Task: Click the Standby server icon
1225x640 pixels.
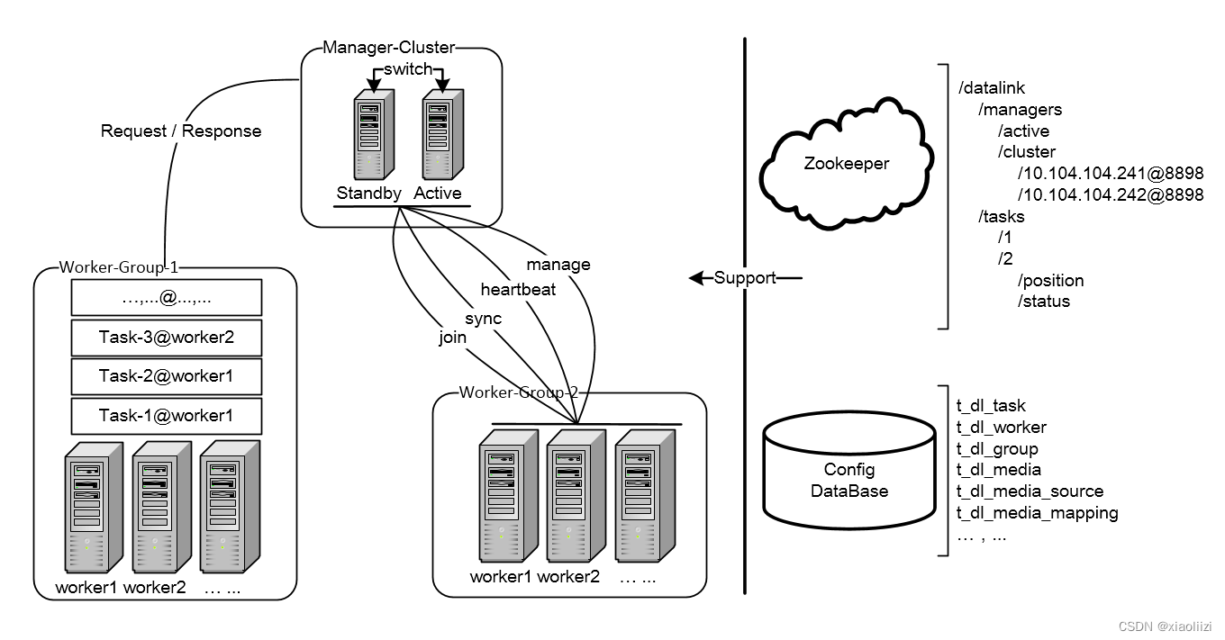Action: click(374, 135)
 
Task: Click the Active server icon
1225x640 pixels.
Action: click(443, 135)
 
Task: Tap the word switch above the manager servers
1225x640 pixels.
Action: click(408, 69)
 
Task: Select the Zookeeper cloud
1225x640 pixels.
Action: click(847, 163)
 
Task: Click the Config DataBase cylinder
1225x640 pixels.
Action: click(849, 470)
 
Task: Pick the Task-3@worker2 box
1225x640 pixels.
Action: click(167, 338)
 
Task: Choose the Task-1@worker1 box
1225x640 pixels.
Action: click(167, 416)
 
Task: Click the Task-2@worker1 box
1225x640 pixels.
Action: click(167, 376)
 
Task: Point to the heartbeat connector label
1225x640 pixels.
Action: click(518, 289)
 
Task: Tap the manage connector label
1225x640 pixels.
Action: click(558, 265)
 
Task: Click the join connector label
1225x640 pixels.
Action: click(453, 338)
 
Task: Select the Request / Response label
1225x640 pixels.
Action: click(181, 131)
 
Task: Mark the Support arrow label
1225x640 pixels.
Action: click(745, 277)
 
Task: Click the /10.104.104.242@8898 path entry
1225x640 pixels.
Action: click(1110, 194)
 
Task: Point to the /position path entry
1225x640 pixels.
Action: click(1050, 280)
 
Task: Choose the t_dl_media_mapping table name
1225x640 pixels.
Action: click(1037, 513)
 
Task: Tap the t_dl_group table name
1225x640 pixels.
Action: click(997, 448)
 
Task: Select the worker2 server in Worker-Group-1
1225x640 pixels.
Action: click(162, 507)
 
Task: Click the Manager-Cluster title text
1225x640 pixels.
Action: click(389, 48)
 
